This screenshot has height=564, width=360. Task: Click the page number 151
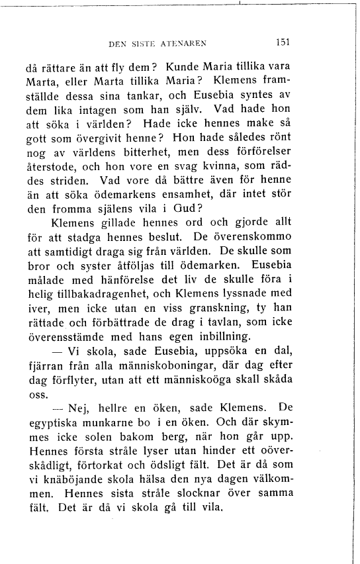283,41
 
